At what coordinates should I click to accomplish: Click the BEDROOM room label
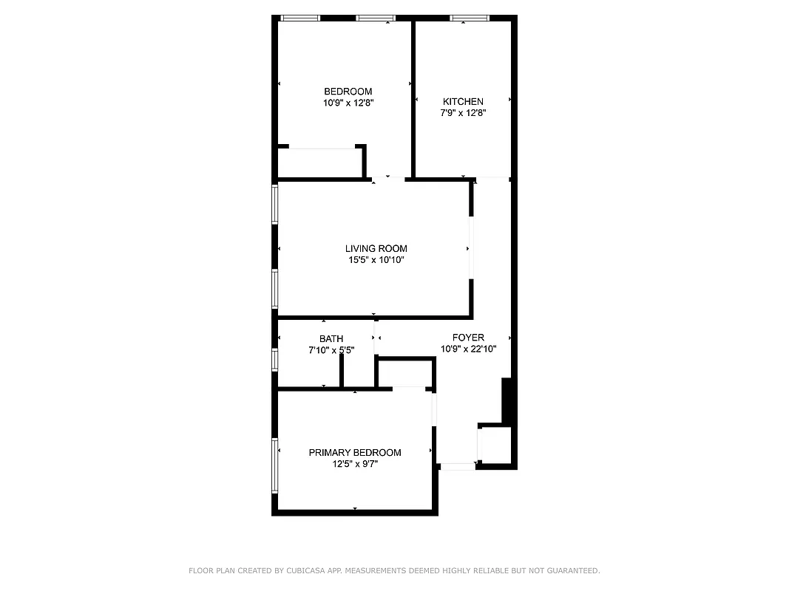[x=348, y=92]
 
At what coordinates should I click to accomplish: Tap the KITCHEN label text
[x=463, y=102]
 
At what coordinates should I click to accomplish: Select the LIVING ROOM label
[x=376, y=249]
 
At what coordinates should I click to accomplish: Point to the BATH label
[x=331, y=339]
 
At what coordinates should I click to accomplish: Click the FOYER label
[x=468, y=338]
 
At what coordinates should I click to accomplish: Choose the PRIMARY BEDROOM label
[x=355, y=453]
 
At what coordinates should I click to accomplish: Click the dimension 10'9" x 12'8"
[x=348, y=103]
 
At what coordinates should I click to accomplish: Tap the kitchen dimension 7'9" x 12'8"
[x=463, y=114]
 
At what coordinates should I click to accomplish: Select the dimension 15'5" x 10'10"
[x=376, y=260]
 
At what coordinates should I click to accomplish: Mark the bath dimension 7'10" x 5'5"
[x=331, y=351]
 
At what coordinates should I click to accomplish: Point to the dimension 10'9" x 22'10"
[x=468, y=349]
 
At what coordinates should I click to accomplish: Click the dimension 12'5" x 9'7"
[x=355, y=465]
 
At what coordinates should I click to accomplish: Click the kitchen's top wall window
[x=470, y=18]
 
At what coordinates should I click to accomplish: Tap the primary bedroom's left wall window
[x=276, y=465]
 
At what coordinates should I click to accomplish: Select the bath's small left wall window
[x=276, y=359]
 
